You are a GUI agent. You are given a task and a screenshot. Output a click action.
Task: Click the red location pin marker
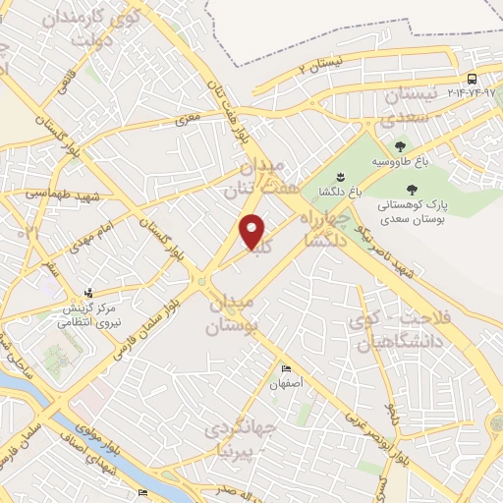(x=253, y=231)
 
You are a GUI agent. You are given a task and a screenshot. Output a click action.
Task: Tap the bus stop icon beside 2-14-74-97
(x=473, y=80)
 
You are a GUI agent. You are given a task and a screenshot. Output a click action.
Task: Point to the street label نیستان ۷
(x=321, y=67)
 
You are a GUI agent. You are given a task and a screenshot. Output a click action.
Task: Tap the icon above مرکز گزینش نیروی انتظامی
(x=90, y=292)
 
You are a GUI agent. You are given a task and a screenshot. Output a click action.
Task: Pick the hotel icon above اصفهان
(x=286, y=369)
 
